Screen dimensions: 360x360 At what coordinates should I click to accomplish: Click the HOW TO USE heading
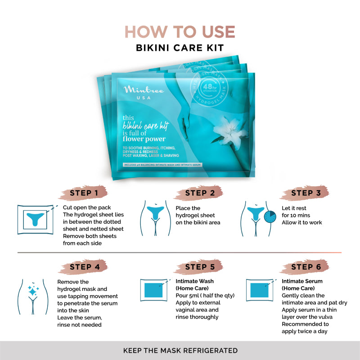point(180,31)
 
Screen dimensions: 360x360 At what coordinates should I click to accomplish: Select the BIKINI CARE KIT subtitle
point(180,47)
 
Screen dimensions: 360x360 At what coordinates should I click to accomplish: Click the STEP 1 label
point(84,194)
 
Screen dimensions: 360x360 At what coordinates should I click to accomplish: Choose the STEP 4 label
point(84,267)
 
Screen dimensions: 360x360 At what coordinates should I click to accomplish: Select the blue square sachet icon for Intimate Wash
point(154,290)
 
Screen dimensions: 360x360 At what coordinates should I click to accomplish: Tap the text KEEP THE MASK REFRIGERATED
point(180,350)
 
